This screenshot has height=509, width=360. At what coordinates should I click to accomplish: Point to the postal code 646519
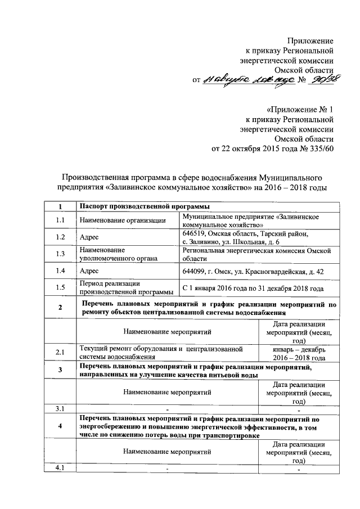[x=196, y=233]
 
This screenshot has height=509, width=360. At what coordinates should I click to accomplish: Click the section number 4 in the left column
[x=60, y=427]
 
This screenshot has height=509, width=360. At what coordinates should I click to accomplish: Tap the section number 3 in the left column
[x=60, y=371]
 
